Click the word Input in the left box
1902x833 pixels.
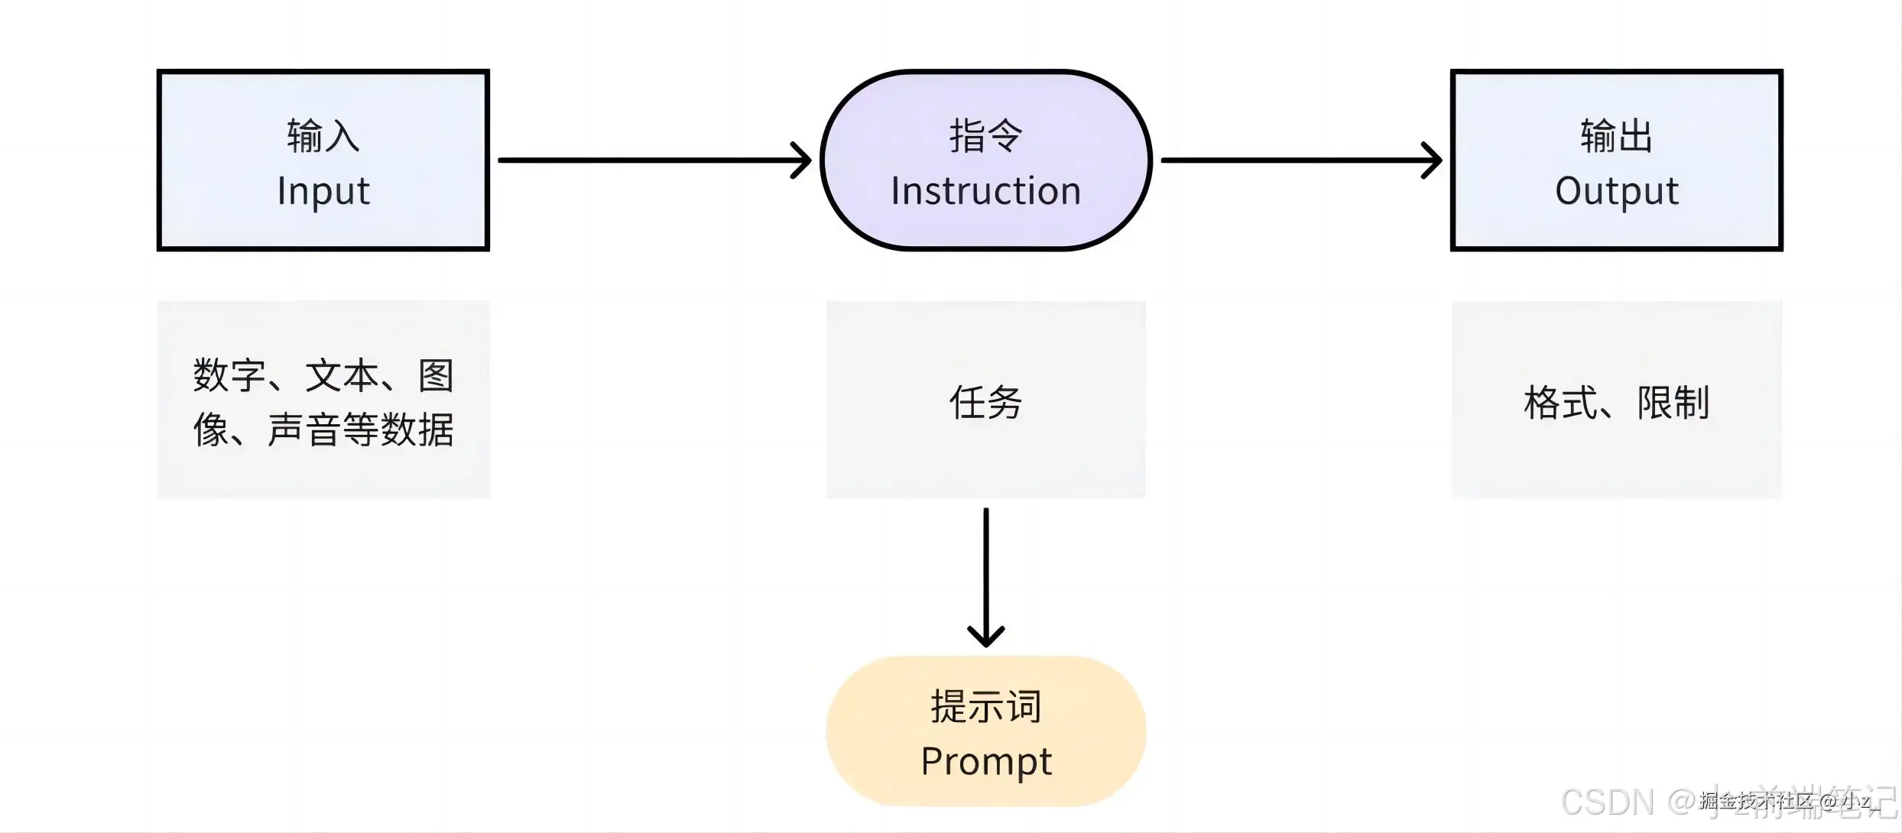pyautogui.click(x=323, y=191)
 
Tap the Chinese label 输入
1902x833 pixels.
pyautogui.click(x=323, y=136)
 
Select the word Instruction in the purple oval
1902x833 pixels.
pyautogui.click(x=985, y=191)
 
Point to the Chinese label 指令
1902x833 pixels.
pyautogui.click(x=985, y=136)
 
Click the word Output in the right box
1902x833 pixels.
pyautogui.click(x=1617, y=191)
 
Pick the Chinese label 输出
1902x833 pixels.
pyautogui.click(x=1617, y=136)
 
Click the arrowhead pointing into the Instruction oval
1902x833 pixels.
pyautogui.click(x=803, y=160)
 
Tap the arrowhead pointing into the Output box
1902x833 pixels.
pyautogui.click(x=1433, y=160)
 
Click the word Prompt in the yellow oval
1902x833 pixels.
pyautogui.click(x=986, y=761)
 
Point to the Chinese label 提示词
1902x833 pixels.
pyautogui.click(x=986, y=706)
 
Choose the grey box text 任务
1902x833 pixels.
pyautogui.click(x=985, y=402)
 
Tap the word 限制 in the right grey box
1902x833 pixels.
pyautogui.click(x=1673, y=403)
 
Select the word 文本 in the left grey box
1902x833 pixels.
pyautogui.click(x=342, y=376)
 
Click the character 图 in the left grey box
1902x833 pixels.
pyautogui.click(x=436, y=376)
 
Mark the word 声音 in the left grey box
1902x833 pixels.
pyautogui.click(x=303, y=429)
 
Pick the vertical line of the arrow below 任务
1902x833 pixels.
pyautogui.click(x=986, y=566)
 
